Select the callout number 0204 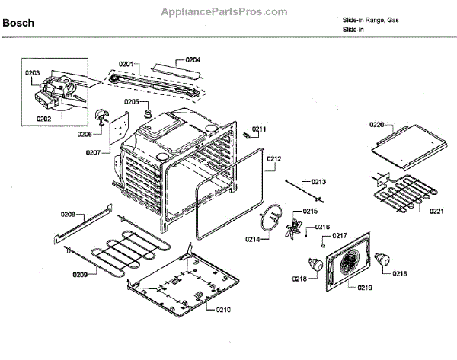(x=193, y=59)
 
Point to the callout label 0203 (x=32, y=73)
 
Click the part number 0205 (x=131, y=102)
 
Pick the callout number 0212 (x=274, y=159)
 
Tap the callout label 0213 (x=318, y=183)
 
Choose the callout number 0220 (x=377, y=124)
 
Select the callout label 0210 (x=223, y=309)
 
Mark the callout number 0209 (x=79, y=274)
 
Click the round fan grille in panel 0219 (x=348, y=266)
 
